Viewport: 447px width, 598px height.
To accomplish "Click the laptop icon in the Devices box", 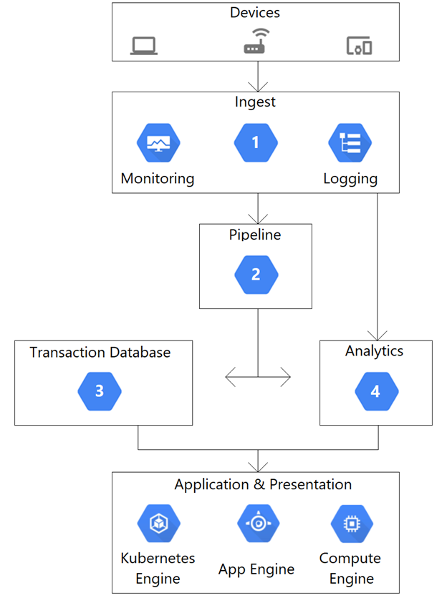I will [144, 46].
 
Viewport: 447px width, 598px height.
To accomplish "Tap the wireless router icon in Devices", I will [256, 42].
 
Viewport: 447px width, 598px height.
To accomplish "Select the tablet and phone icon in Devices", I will [359, 46].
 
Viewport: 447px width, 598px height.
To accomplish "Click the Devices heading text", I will [255, 13].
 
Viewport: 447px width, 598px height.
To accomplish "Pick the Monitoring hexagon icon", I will [158, 143].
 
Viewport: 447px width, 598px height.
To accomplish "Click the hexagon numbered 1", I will [256, 143].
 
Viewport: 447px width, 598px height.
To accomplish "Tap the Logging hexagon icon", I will [350, 143].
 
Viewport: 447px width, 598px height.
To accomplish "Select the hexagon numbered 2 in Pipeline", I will [256, 275].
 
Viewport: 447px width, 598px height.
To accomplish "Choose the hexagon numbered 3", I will [100, 391].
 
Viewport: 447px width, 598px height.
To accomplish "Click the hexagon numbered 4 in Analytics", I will [375, 391].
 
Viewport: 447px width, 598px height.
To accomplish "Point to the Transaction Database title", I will [100, 352].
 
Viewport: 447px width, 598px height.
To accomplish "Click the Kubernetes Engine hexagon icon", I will [158, 524].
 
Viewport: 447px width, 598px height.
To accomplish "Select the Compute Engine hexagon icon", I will [352, 524].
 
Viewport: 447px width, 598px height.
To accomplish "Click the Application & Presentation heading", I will [263, 484].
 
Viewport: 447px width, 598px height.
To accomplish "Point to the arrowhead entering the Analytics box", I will [377, 334].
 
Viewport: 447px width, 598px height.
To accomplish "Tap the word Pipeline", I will [255, 235].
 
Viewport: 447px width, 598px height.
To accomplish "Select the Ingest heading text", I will [255, 102].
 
